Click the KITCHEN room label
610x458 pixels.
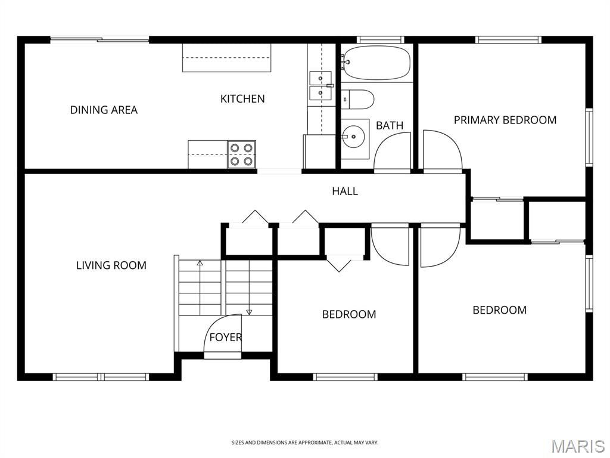(242, 99)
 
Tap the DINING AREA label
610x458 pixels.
(104, 110)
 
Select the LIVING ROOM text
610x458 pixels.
(111, 265)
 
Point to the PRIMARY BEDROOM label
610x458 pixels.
(505, 120)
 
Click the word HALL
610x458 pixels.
(345, 191)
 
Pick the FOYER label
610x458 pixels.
(225, 337)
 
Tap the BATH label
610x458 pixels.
(390, 125)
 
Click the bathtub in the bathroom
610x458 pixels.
(376, 63)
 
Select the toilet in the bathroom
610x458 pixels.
(358, 100)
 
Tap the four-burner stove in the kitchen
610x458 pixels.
(241, 154)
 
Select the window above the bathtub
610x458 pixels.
(380, 40)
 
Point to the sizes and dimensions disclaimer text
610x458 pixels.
(305, 443)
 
